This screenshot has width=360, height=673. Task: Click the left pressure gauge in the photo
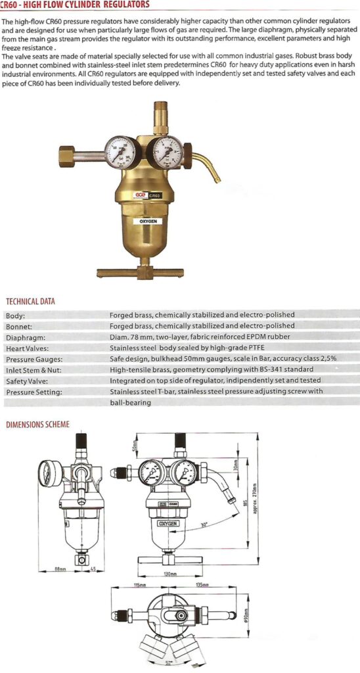(122, 151)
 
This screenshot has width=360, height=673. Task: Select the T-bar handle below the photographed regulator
(141, 271)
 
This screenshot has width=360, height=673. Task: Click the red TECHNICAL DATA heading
(31, 301)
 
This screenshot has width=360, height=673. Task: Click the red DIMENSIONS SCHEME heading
(37, 425)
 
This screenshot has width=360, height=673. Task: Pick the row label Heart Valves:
(28, 348)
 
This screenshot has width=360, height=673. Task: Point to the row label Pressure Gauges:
(34, 359)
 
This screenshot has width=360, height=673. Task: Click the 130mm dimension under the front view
(171, 574)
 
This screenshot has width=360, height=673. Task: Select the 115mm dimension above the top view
(139, 584)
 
